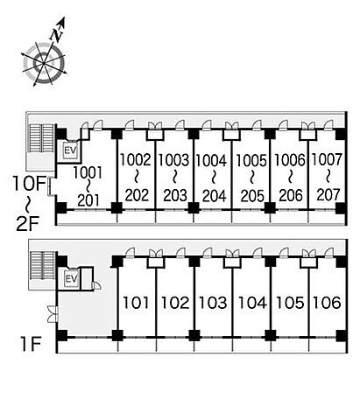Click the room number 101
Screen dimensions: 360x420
[x=136, y=303]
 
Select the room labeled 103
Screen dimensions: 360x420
[x=213, y=303]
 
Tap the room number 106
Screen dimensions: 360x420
[x=327, y=303]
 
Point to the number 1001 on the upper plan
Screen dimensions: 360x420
[x=88, y=172]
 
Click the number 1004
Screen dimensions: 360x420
[x=211, y=161]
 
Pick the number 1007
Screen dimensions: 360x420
[x=327, y=160]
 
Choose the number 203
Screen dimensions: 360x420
[x=175, y=195]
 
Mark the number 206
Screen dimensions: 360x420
[x=291, y=195]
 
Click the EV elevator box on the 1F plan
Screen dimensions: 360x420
[x=71, y=279]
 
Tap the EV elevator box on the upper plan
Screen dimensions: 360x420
[x=70, y=150]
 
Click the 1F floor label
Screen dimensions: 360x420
[x=31, y=344]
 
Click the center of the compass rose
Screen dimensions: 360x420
[x=44, y=63]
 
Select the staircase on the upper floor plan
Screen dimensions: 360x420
[x=42, y=138]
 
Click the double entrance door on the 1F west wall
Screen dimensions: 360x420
[x=53, y=314]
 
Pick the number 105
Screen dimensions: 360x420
[x=290, y=303]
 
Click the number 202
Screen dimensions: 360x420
[x=137, y=195]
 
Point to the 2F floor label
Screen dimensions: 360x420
[x=27, y=224]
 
